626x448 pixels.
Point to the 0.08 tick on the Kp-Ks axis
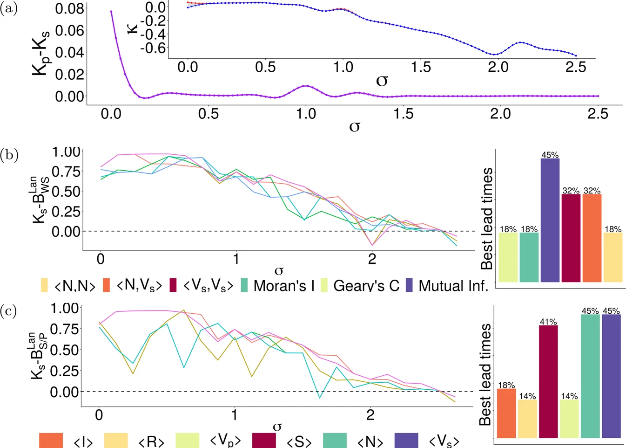point(69,8)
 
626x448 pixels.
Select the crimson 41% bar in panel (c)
point(548,381)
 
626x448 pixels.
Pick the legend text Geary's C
point(366,285)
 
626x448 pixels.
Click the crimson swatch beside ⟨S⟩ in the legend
point(264,441)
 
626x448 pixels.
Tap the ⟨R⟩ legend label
point(152,441)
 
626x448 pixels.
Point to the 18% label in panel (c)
point(506,386)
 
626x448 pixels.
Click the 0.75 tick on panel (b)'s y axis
point(66,171)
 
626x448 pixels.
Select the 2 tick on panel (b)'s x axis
point(372,259)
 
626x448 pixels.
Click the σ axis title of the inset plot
point(382,80)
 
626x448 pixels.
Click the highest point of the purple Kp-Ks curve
point(111,11)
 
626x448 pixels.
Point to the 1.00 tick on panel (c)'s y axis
point(64,308)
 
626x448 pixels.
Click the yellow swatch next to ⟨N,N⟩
point(44,285)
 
